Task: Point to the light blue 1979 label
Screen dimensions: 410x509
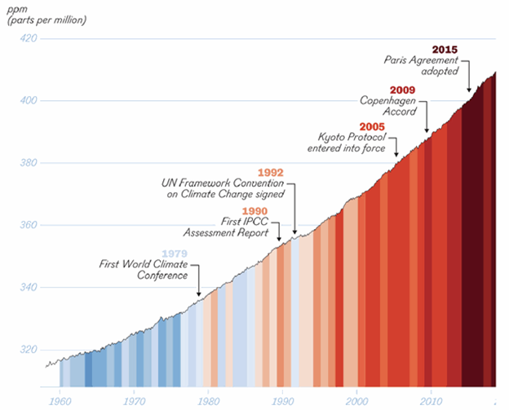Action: point(175,253)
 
